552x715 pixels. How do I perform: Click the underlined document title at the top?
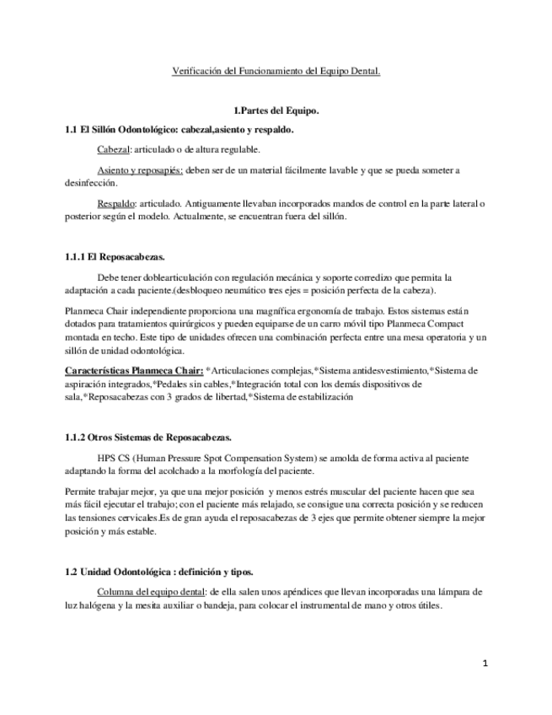pos(276,72)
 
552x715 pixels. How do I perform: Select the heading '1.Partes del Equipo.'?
pos(276,110)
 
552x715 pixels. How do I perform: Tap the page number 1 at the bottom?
pos(486,664)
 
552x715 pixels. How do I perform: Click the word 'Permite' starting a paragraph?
pos(80,491)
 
